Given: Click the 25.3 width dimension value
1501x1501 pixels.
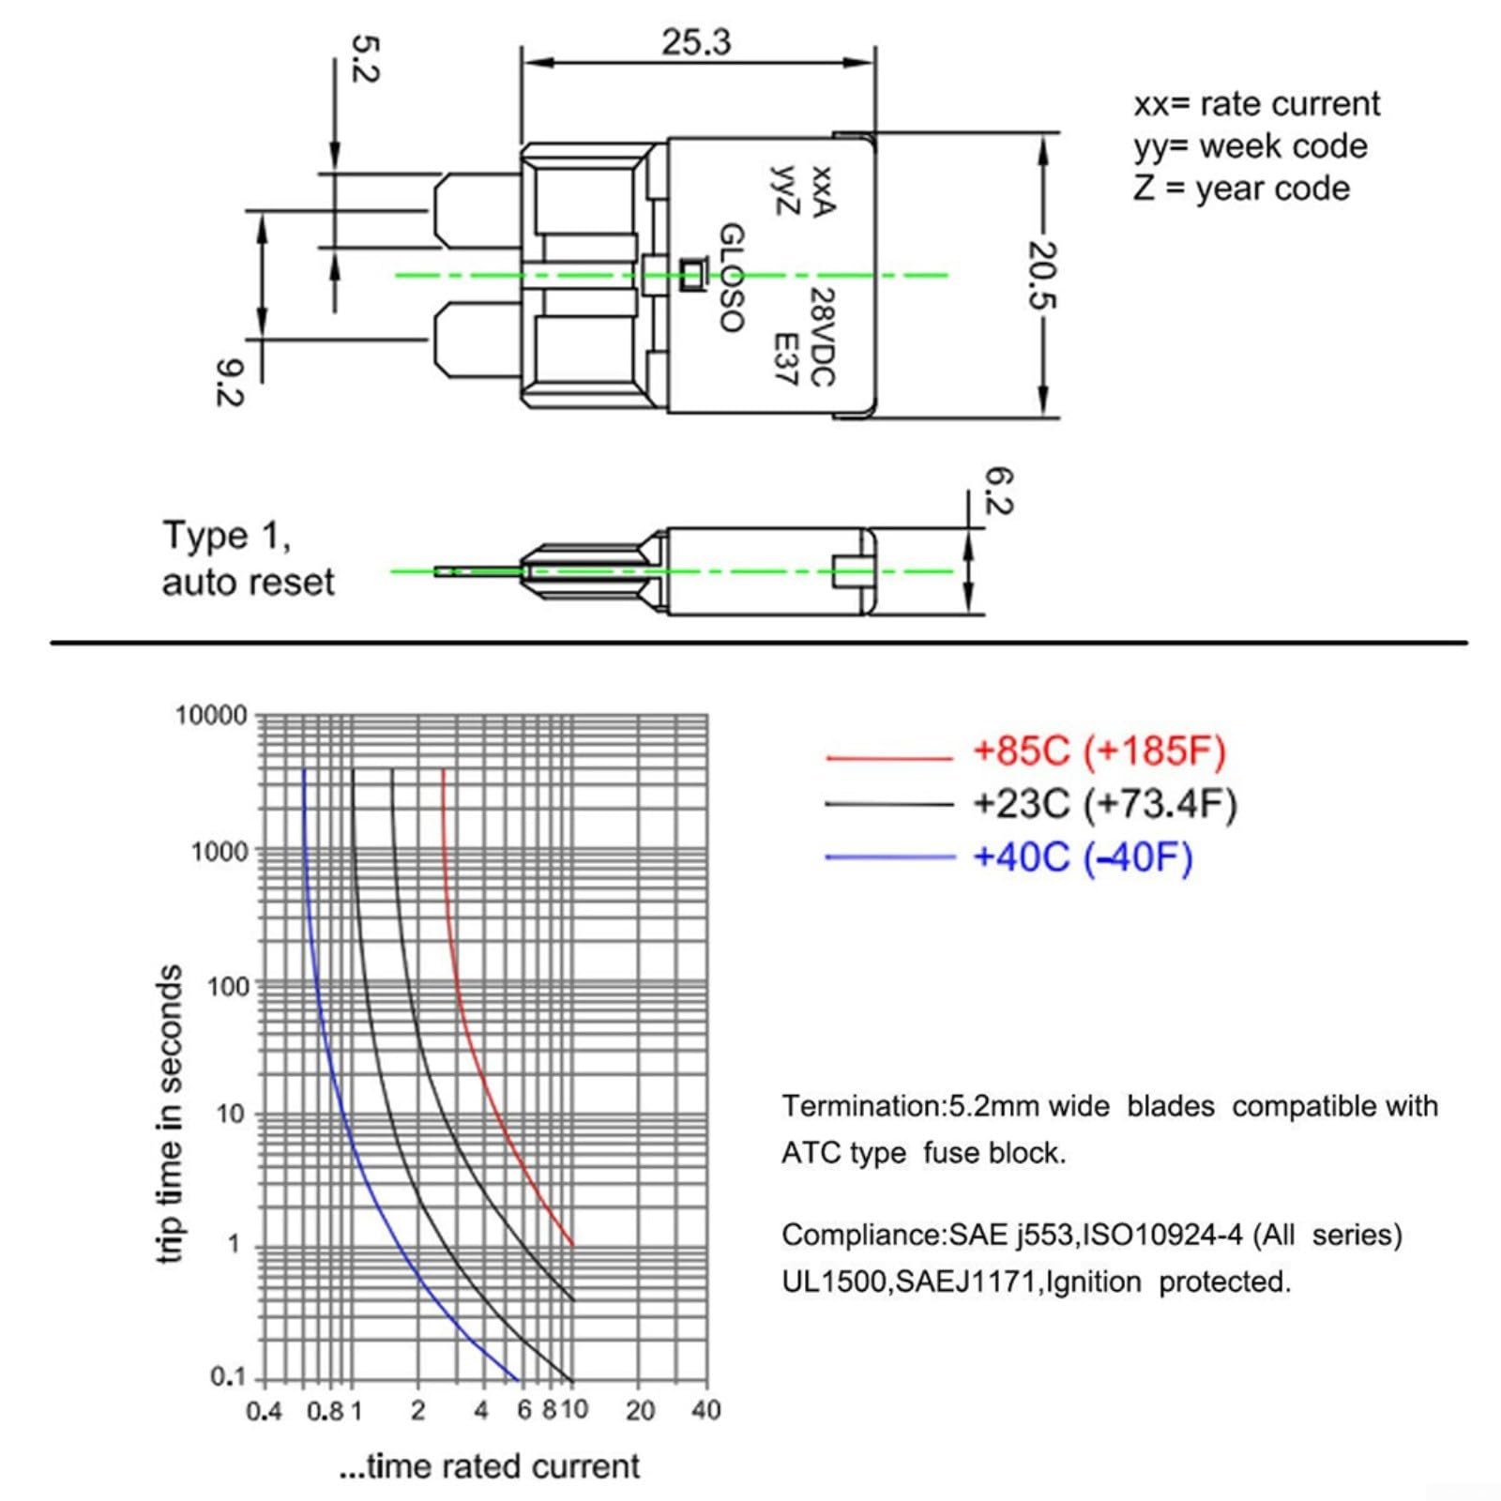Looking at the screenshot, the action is (696, 42).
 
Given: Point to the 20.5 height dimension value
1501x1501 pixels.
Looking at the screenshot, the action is (1042, 275).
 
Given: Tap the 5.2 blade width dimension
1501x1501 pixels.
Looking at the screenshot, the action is (364, 58).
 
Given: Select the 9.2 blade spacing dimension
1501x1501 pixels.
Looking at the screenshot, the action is (229, 384).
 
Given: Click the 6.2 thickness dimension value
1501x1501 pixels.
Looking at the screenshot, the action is (998, 491).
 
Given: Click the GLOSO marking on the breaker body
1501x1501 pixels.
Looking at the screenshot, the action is (732, 278).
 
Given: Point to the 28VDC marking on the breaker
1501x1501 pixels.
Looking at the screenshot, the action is (821, 336).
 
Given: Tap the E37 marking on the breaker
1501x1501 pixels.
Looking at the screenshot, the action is (784, 358).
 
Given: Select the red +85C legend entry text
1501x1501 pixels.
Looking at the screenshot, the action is (1100, 751).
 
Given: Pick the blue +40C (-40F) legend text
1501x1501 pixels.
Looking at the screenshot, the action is (1084, 857).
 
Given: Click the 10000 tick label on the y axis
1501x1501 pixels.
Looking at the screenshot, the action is (211, 716).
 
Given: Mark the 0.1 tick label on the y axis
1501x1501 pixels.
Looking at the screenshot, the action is (228, 1377).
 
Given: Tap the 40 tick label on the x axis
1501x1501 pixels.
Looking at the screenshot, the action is (705, 1410).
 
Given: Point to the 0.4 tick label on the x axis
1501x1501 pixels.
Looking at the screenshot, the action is (264, 1411).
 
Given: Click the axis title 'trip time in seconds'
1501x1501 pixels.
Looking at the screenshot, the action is (169, 1114).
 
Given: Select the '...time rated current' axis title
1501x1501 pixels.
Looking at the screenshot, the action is (489, 1466).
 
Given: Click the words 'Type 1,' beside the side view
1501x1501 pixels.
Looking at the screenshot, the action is (227, 536).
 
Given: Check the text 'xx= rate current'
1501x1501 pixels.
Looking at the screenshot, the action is (1257, 104).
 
